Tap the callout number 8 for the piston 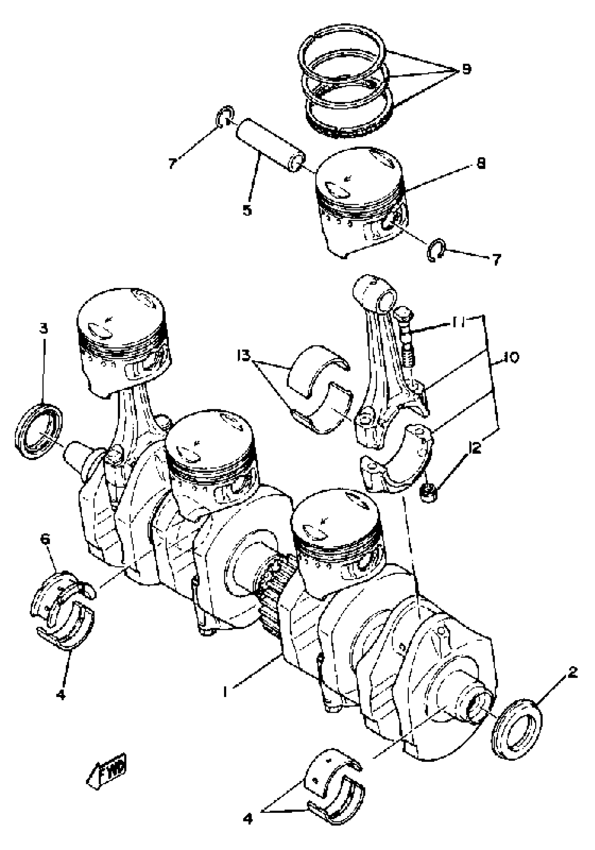coord(481,163)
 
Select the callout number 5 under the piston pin coord(247,210)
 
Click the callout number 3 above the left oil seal coord(44,328)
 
